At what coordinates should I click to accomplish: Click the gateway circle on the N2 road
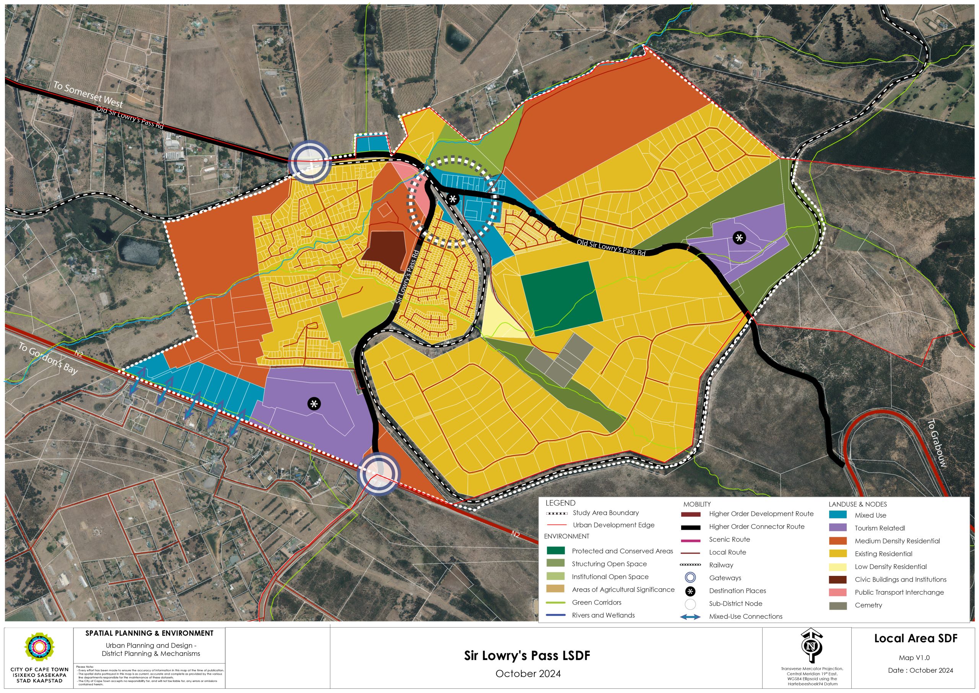378,475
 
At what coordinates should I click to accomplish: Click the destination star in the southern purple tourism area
314,404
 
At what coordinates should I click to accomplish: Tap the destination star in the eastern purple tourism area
739,238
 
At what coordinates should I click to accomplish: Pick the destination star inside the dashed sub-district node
453,199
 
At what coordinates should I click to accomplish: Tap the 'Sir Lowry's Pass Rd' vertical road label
407,277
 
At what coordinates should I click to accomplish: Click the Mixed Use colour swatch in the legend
838,515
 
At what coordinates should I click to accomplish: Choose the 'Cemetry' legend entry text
868,605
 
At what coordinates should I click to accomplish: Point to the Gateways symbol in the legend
690,578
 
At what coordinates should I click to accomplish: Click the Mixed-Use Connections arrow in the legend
690,616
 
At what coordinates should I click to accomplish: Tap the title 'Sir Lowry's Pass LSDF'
527,656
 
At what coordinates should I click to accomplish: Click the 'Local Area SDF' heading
916,638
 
